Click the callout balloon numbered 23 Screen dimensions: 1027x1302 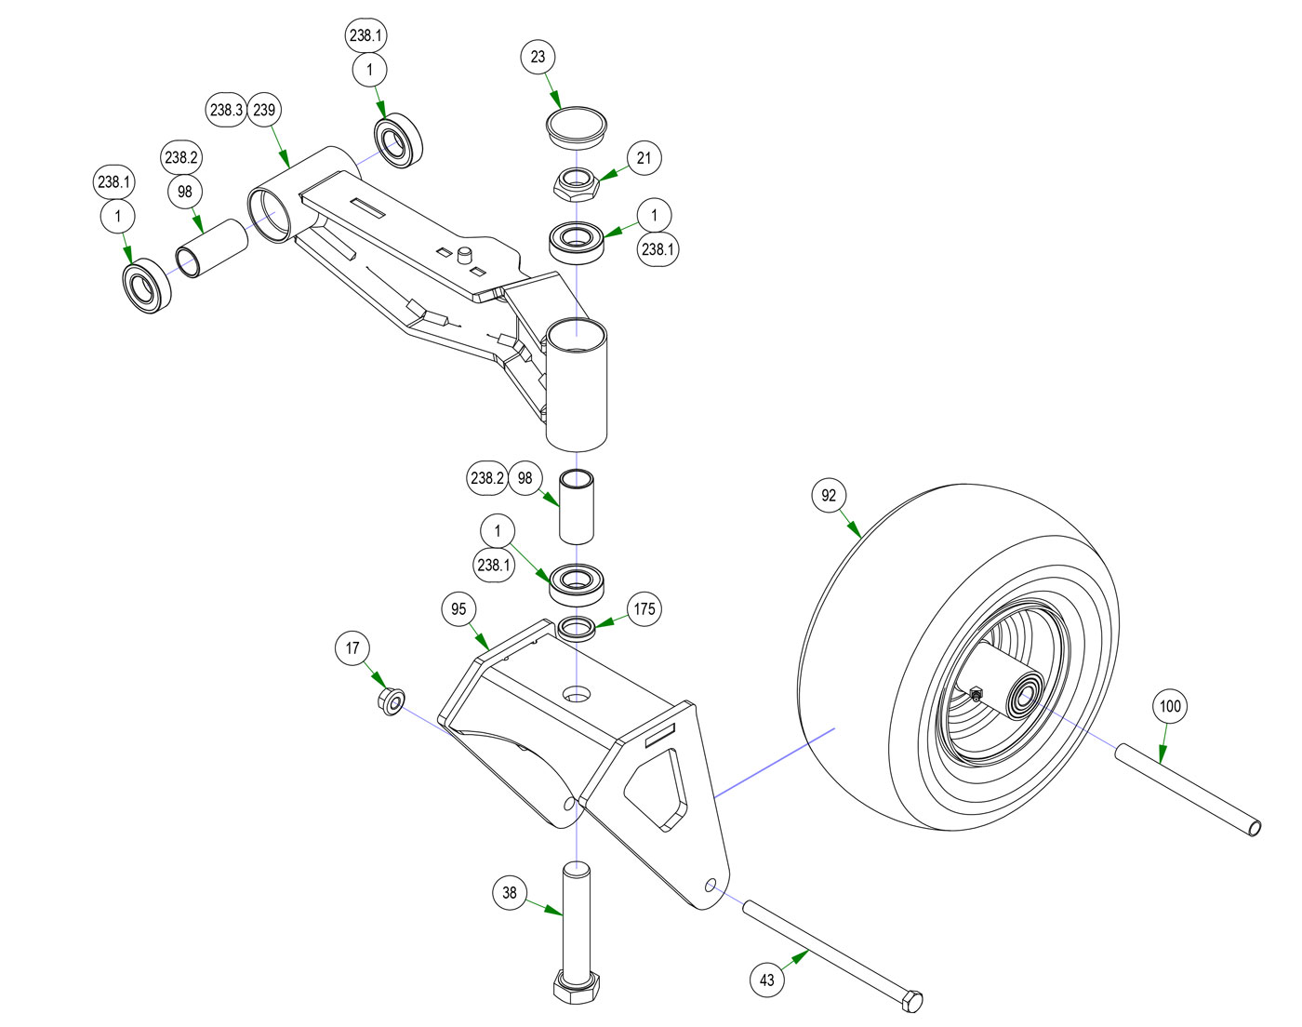tap(538, 57)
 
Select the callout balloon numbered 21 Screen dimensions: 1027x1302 tap(644, 158)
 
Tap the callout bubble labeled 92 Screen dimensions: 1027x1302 tap(829, 496)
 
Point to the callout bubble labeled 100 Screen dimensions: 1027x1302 tap(1169, 706)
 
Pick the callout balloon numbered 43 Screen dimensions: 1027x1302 tap(767, 980)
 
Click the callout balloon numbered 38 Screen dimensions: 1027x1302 tap(510, 893)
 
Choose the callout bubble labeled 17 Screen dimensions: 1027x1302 tap(352, 648)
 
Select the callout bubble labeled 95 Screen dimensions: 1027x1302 tap(458, 609)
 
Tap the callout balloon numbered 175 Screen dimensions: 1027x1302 tap(644, 609)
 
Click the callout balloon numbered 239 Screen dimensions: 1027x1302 tap(264, 110)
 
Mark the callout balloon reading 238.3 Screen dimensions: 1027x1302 tap(226, 110)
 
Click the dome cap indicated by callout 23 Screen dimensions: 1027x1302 tap(576, 126)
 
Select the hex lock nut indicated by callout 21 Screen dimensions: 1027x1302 tap(577, 184)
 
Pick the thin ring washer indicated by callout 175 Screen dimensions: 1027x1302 tap(578, 626)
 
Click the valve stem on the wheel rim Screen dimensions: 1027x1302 tap(976, 694)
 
